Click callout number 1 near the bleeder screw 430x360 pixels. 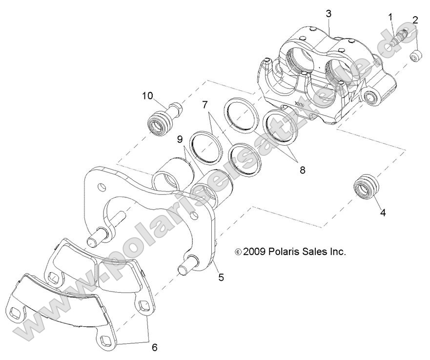coord(390,17)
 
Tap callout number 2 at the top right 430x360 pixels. coord(415,20)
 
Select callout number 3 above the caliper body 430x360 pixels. coord(328,14)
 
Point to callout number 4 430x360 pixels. coord(383,212)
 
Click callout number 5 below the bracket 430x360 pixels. coord(221,277)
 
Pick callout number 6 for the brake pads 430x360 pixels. coord(155,347)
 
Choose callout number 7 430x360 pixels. coord(205,104)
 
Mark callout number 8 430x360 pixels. coord(303,170)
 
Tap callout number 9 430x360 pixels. coord(180,139)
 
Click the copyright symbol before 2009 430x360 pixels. coord(238,253)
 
